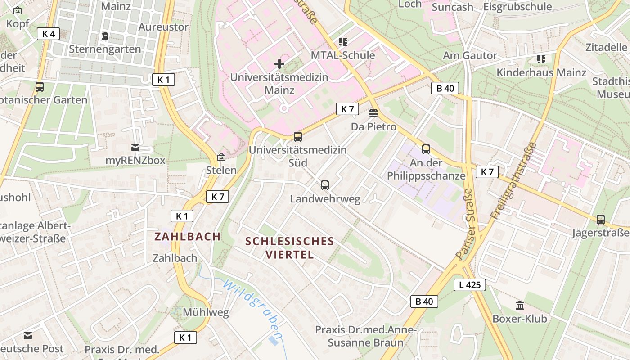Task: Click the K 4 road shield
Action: pos(48,34)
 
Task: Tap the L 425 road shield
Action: pos(469,284)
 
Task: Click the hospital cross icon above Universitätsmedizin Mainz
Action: pos(279,64)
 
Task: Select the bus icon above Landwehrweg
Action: pos(325,185)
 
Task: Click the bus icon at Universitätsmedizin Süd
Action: pos(297,136)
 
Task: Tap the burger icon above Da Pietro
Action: pos(373,113)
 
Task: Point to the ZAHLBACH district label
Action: pos(188,236)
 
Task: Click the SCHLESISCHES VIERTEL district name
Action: pos(290,247)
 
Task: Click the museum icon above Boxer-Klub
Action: pos(520,306)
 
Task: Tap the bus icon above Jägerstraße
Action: pos(601,220)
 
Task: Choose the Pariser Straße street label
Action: pos(465,224)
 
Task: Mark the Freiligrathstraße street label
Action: pos(513,180)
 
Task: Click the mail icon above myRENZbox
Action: pos(135,147)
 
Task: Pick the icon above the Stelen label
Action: pos(221,157)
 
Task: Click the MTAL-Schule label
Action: pos(343,55)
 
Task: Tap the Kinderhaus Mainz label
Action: pos(541,72)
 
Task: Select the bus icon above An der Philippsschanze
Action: pos(426,149)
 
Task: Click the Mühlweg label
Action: pos(206,312)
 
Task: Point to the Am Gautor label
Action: pos(470,56)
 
